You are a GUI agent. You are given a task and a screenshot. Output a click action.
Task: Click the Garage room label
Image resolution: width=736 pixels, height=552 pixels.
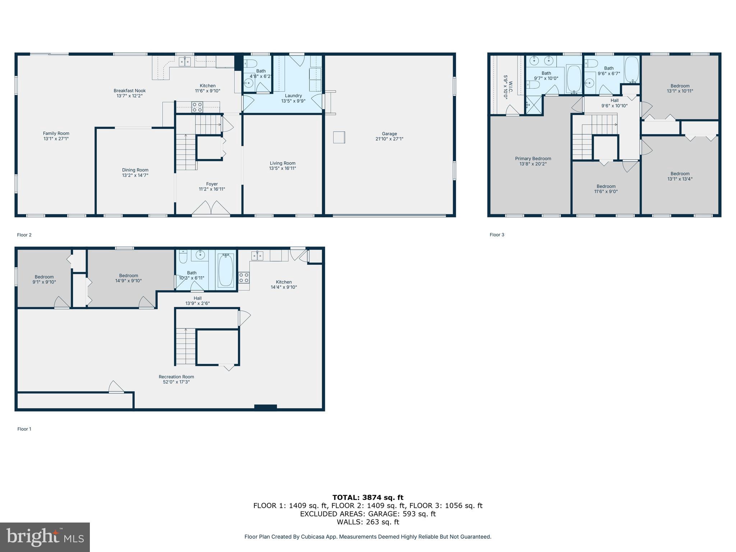(389, 134)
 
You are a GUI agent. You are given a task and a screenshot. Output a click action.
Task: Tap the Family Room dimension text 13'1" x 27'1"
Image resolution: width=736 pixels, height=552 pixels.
(56, 139)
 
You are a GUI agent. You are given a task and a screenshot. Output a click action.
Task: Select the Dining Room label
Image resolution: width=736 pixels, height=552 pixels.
(135, 170)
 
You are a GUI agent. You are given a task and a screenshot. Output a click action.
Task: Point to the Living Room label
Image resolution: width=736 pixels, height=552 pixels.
(282, 163)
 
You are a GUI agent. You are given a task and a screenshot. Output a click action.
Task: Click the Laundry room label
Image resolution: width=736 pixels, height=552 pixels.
(293, 96)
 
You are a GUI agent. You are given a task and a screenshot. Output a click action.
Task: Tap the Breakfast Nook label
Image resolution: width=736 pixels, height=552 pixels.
(130, 91)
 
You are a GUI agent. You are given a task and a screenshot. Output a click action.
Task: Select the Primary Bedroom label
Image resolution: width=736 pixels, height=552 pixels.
(533, 158)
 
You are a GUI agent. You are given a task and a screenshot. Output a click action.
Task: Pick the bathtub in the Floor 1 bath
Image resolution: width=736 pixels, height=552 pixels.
(226, 270)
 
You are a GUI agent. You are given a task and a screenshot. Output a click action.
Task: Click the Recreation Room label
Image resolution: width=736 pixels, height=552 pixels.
(176, 377)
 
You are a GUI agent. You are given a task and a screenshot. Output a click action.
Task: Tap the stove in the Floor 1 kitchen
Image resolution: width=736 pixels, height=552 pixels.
(244, 277)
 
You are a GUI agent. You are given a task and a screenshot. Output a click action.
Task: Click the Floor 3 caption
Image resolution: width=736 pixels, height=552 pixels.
(497, 235)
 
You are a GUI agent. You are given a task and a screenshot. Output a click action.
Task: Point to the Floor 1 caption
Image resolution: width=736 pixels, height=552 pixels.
(24, 429)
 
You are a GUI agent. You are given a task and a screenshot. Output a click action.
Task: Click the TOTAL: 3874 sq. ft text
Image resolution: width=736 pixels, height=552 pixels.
(368, 497)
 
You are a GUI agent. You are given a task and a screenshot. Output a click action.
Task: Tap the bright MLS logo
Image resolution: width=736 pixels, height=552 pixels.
(45, 537)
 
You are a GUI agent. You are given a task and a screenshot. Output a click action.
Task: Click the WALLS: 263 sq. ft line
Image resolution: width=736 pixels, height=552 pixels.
(368, 522)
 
